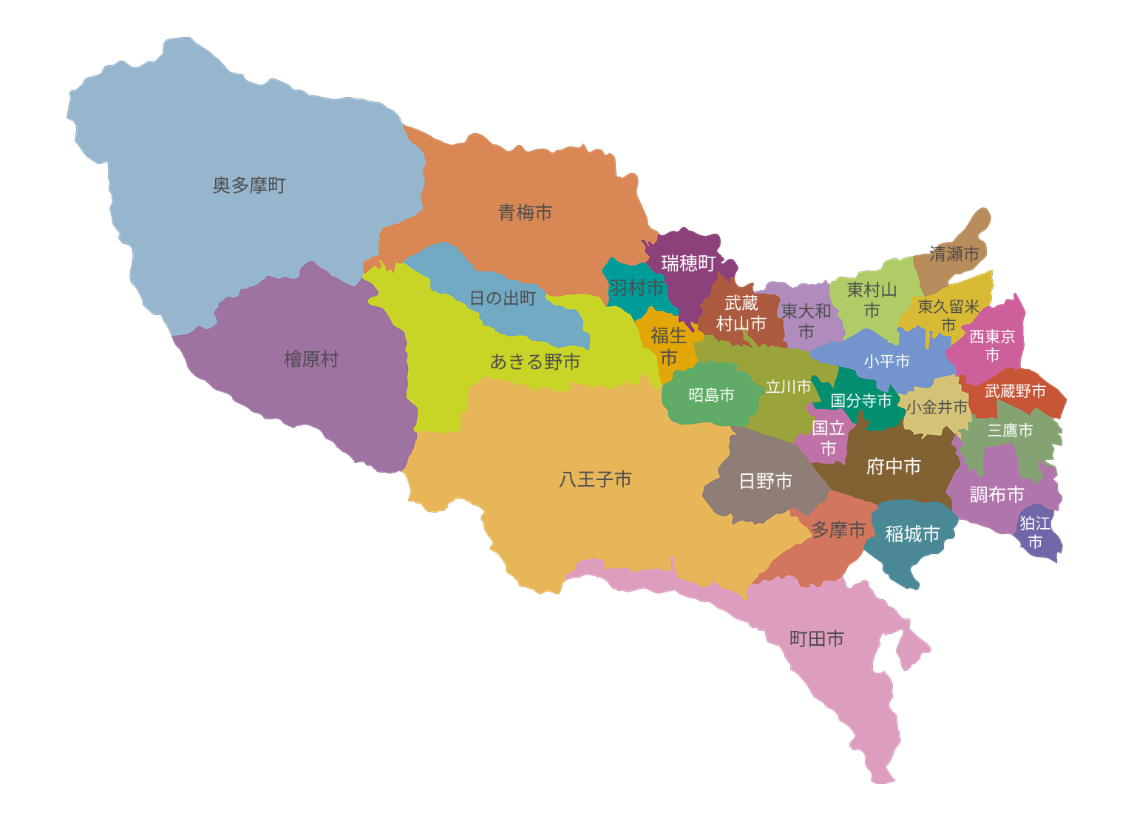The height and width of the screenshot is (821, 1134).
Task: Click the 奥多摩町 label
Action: point(249,186)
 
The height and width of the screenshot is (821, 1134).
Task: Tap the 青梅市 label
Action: point(525,213)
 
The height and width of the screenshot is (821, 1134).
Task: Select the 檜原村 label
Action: point(311,359)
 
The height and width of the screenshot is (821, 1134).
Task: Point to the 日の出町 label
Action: point(503,298)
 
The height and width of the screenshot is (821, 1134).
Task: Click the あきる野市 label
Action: point(535,362)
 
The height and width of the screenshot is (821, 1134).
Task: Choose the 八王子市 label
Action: point(595,479)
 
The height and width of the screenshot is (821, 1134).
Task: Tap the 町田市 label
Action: point(817,639)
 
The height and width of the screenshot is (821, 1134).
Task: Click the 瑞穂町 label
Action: point(688,263)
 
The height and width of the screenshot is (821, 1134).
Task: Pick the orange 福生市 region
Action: point(668,346)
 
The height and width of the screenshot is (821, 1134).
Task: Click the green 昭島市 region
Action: point(711,396)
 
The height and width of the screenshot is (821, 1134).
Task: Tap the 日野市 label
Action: point(766,482)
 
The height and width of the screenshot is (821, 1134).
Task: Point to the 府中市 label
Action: point(894,467)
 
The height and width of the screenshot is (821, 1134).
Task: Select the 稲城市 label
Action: point(912,534)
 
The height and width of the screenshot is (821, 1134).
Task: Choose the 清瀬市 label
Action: point(954,254)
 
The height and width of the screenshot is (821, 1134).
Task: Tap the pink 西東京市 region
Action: point(992,345)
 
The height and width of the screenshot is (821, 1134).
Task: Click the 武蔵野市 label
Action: point(1015,391)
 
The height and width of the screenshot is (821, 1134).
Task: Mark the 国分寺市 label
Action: point(861,401)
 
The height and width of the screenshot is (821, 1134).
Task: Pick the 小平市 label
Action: point(887,361)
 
